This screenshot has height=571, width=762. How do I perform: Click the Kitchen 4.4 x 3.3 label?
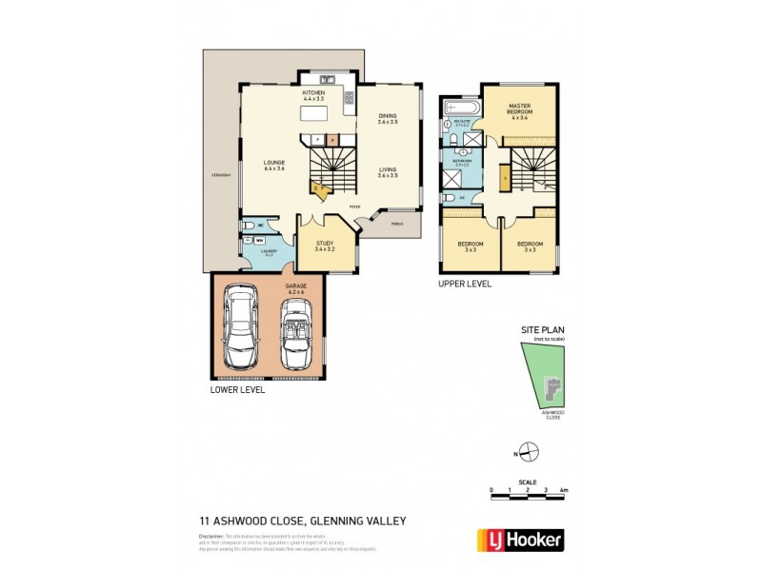point(314,95)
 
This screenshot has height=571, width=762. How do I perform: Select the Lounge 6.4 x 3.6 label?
point(274,166)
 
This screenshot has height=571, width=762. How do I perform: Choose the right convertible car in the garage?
point(296,335)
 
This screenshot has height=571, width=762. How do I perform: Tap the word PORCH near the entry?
point(397,225)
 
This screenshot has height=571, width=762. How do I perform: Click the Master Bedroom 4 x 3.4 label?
point(519,109)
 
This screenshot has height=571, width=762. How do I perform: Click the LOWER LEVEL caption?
point(237,390)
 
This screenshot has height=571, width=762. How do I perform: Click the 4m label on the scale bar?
point(565,489)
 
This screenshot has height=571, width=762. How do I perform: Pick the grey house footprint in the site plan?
point(549,388)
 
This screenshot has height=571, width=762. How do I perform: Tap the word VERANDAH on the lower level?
point(220,177)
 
